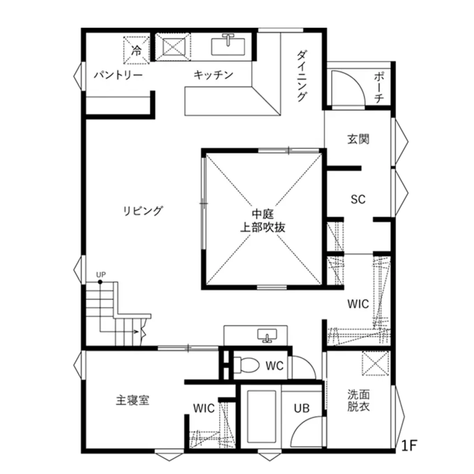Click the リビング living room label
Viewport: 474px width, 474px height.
coord(143,211)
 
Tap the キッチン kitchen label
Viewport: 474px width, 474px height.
coord(213,75)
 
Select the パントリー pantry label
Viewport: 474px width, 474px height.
coord(118,75)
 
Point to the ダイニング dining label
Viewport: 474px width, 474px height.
coord(302,76)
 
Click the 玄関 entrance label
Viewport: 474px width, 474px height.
coord(358,139)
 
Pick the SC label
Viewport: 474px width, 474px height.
coord(358,199)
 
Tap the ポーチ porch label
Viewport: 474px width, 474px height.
coord(379,87)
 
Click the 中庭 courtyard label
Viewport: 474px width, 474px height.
coord(263,214)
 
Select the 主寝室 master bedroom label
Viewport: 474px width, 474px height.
coord(132,400)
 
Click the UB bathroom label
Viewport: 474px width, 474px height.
coord(301,408)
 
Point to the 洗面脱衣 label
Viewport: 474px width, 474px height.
coord(358,400)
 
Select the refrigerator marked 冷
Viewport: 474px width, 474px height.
coord(136,50)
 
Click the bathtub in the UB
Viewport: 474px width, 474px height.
coord(261,416)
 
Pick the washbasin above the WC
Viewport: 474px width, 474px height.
coord(267,335)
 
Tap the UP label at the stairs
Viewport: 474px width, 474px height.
coord(101,275)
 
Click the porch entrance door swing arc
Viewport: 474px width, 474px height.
coord(349,87)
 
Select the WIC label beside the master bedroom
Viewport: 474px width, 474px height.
coord(204,408)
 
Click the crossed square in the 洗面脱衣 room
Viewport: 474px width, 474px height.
coord(375,363)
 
